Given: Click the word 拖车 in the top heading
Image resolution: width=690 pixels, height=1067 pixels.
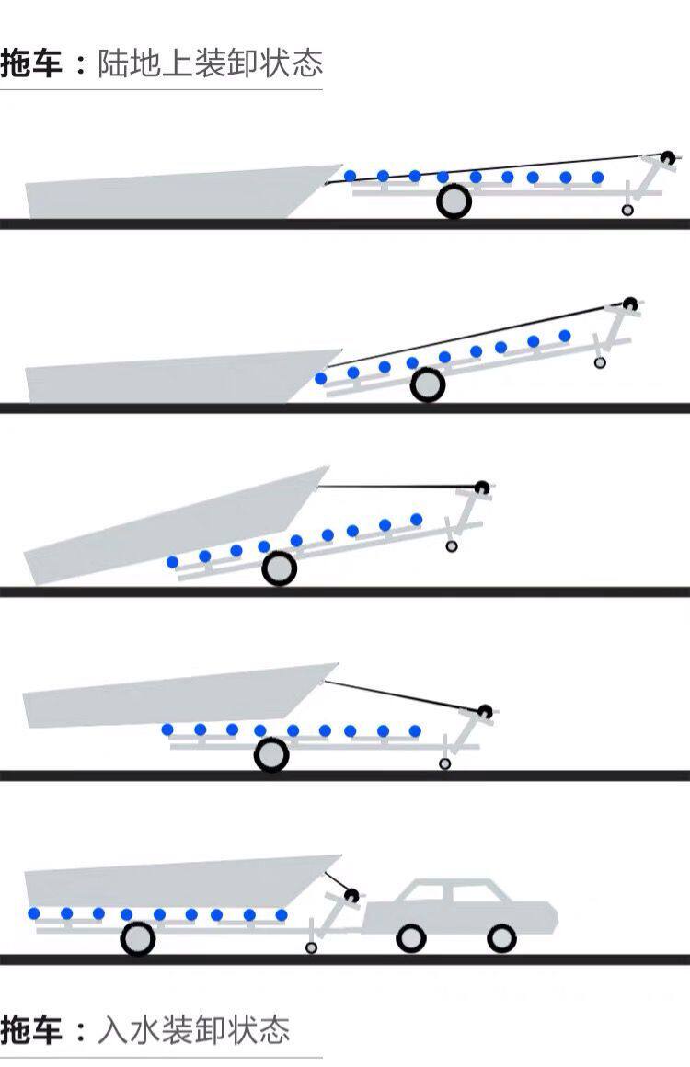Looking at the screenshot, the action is point(32,64).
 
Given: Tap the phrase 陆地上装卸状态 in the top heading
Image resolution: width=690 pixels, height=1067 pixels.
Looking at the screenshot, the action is point(210,64).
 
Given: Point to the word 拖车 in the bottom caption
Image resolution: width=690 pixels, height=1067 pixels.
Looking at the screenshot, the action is point(32,1028).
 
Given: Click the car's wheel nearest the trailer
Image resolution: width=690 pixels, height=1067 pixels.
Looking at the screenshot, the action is point(410,938).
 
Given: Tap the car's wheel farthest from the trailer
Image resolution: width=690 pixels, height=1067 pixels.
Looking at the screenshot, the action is point(501,938).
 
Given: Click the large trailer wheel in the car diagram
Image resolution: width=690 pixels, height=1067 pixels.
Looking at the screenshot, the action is point(137,939).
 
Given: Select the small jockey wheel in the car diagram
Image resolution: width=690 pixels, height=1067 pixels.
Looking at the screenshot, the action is point(311,947).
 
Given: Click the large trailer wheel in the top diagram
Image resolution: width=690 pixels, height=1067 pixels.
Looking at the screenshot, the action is point(454,201).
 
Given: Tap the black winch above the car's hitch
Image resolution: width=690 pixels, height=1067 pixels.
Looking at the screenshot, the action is point(350,894).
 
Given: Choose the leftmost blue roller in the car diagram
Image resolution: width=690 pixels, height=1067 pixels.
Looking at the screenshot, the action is point(34,913).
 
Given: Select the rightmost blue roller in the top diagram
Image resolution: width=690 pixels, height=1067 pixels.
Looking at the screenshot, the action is point(597,178).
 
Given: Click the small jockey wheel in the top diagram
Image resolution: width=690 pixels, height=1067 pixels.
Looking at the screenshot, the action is point(627,211).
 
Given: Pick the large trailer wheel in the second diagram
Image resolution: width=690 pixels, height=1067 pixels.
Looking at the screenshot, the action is point(428,385).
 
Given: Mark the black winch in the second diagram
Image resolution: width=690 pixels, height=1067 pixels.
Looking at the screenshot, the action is point(629,304).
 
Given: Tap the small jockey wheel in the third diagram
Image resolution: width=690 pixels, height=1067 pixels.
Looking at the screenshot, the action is point(451,546).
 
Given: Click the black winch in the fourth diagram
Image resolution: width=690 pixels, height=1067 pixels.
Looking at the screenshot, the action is point(485,710).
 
